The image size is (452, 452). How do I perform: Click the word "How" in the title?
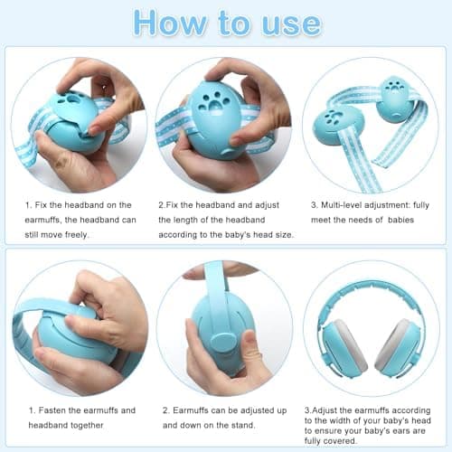[x=170, y=23]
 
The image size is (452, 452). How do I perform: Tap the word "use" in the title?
[x=291, y=24]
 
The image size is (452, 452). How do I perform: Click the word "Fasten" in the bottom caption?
[x=52, y=410]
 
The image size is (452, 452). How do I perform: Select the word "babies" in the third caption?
[x=400, y=220]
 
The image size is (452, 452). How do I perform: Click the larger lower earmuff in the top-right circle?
[x=338, y=127]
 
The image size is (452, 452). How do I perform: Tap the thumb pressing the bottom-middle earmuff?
[x=247, y=351]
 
